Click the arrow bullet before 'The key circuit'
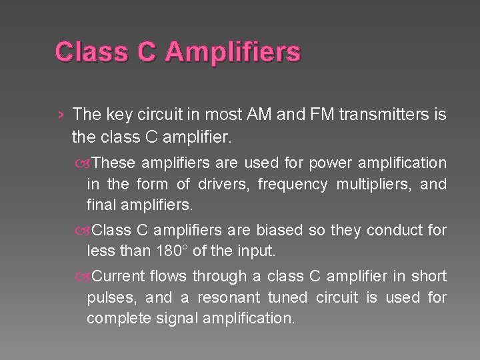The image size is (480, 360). coord(61,115)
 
